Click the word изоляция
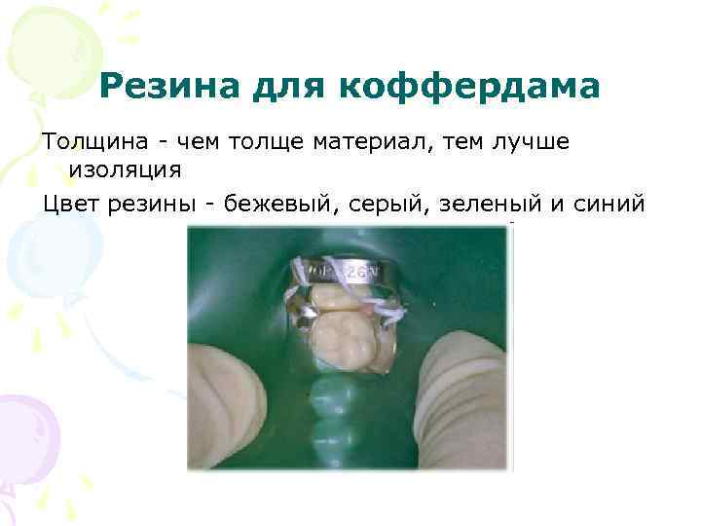[x=125, y=170]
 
